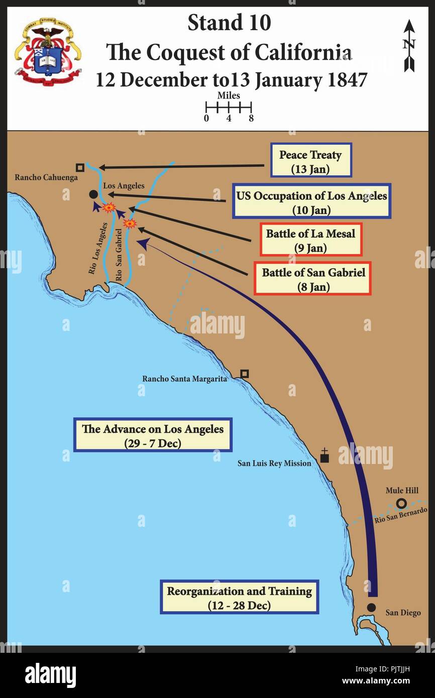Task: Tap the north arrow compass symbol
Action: (409, 45)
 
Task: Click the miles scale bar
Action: (229, 107)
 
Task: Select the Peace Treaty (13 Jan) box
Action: (310, 160)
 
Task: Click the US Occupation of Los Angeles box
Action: (311, 201)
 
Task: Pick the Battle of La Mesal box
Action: (310, 240)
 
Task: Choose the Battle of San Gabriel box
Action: (313, 278)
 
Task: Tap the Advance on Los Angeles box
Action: (153, 435)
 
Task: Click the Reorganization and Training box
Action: (239, 597)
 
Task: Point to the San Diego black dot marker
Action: (371, 607)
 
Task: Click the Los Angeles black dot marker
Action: (93, 194)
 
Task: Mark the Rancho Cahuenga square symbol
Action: (79, 167)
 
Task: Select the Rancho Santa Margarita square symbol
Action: (245, 374)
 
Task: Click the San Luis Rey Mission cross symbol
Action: (324, 457)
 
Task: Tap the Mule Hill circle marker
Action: (401, 503)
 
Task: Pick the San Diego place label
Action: (403, 613)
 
